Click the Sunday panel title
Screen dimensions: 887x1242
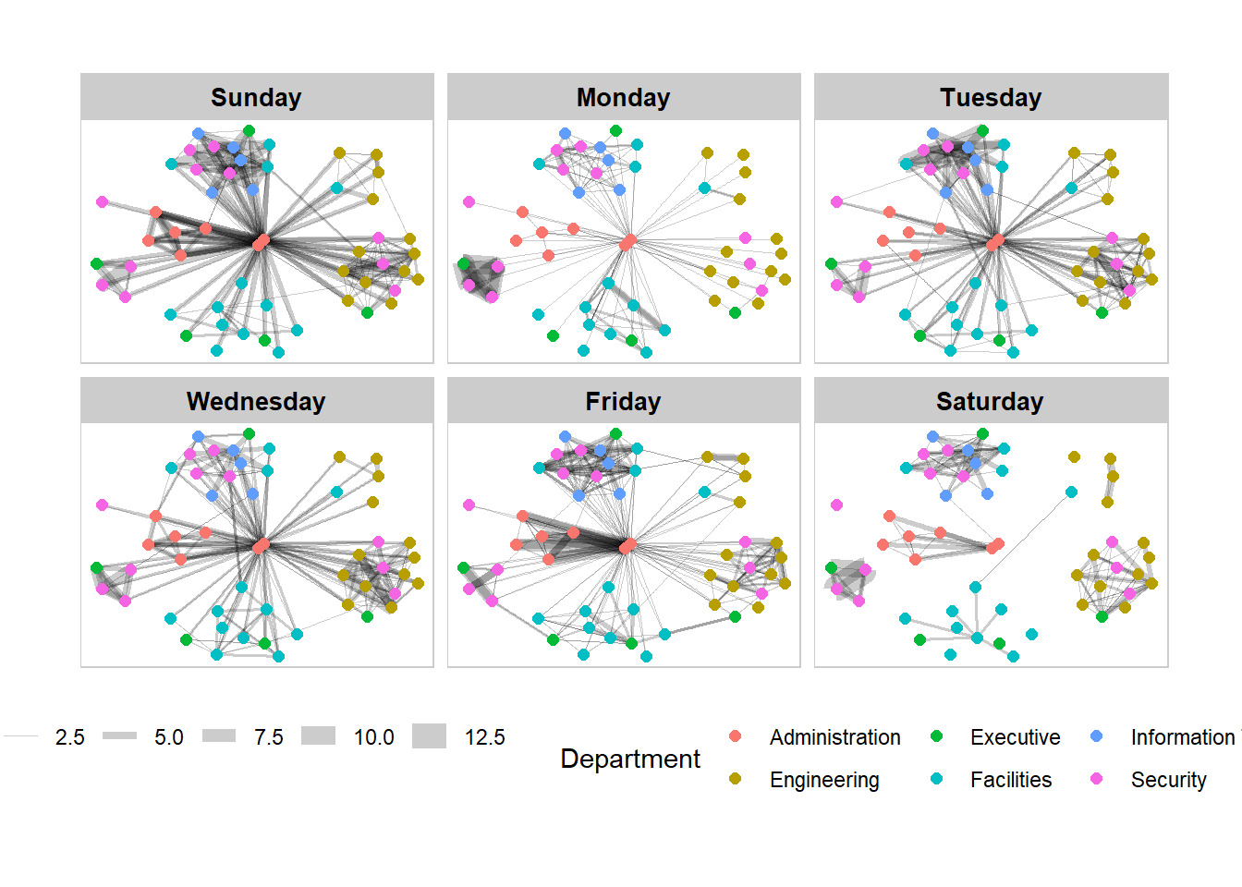(x=256, y=97)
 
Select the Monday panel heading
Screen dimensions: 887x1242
(x=623, y=97)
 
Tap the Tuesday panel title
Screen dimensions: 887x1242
(x=991, y=97)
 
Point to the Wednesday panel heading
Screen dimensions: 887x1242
(x=256, y=401)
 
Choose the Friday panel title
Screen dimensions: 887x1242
(x=623, y=401)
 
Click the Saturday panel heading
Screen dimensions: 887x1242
(x=990, y=401)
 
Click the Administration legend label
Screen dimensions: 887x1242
(x=834, y=737)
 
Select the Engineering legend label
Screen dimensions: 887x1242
(x=824, y=780)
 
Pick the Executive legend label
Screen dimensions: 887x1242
(x=1015, y=737)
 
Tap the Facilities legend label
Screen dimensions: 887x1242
(x=1010, y=780)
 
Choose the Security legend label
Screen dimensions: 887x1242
(x=1168, y=780)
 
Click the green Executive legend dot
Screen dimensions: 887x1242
(x=936, y=736)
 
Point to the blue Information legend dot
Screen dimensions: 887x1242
(x=1097, y=736)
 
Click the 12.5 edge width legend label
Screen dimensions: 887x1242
(x=484, y=737)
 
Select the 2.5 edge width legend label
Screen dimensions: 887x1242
(x=69, y=737)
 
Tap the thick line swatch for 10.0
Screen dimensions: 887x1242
(x=318, y=736)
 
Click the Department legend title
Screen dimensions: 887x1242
(x=630, y=759)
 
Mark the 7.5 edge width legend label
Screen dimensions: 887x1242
(x=268, y=737)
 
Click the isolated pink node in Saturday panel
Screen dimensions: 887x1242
(x=836, y=505)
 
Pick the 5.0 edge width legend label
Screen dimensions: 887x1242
(x=168, y=737)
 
